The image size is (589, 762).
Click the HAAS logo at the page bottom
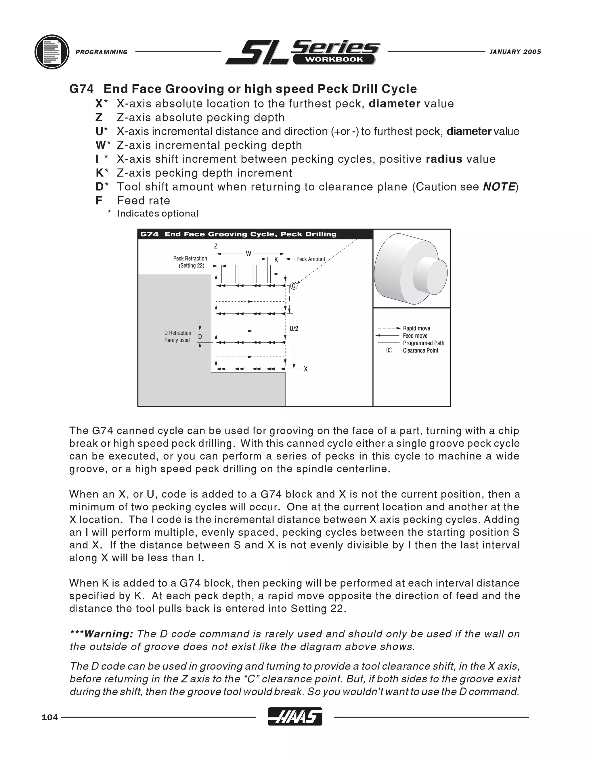(x=295, y=717)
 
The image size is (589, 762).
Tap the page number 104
(x=49, y=717)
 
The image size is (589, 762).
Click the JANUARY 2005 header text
(x=515, y=52)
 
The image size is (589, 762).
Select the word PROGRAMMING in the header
(x=102, y=52)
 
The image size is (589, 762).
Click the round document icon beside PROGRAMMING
(x=52, y=52)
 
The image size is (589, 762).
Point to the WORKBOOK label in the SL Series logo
(x=334, y=60)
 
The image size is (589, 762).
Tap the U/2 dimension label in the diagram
(x=294, y=329)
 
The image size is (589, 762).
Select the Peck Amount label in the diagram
(x=311, y=259)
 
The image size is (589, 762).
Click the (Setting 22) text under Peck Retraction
(x=191, y=265)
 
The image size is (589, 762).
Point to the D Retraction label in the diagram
(x=178, y=333)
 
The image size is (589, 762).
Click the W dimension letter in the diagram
(x=248, y=254)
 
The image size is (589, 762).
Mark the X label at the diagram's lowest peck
(x=306, y=369)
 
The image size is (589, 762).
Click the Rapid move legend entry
(x=416, y=328)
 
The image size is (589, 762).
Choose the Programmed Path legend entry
(x=423, y=343)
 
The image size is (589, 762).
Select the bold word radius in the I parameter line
(x=444, y=159)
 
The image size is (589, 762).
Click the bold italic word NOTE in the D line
(x=499, y=187)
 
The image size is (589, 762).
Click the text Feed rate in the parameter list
(x=144, y=201)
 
